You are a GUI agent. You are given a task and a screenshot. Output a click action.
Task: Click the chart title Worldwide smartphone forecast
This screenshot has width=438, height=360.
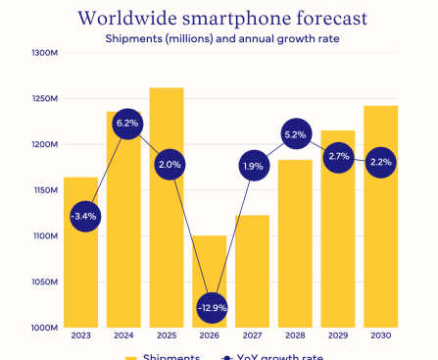click(219, 18)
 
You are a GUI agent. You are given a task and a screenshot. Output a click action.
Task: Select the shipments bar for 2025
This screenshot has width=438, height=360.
click(166, 245)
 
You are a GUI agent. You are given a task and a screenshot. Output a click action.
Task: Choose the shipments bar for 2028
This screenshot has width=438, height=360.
click(295, 265)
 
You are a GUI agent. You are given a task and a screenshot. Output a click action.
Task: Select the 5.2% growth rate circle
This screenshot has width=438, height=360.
click(295, 134)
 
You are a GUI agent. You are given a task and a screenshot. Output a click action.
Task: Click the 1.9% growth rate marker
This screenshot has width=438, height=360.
click(252, 167)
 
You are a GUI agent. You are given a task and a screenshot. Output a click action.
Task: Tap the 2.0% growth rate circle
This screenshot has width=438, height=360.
click(169, 165)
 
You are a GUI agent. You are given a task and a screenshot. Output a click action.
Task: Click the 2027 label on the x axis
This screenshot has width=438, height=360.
click(252, 336)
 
